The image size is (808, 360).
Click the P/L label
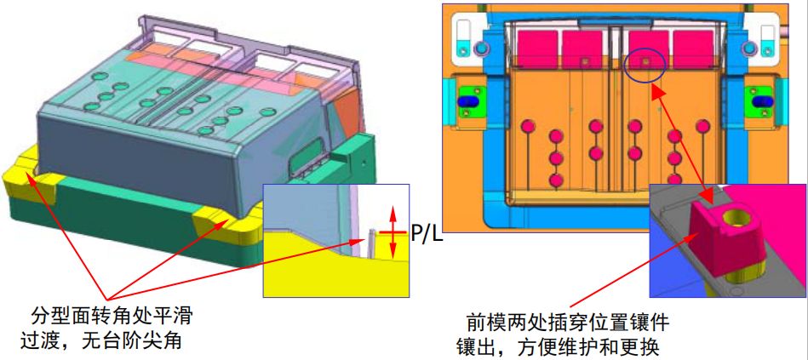(427, 232)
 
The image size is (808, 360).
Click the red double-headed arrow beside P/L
(393, 231)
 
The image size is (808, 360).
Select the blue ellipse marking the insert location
(645, 66)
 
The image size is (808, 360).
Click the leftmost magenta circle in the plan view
(527, 126)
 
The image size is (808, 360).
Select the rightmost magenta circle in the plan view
(704, 126)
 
